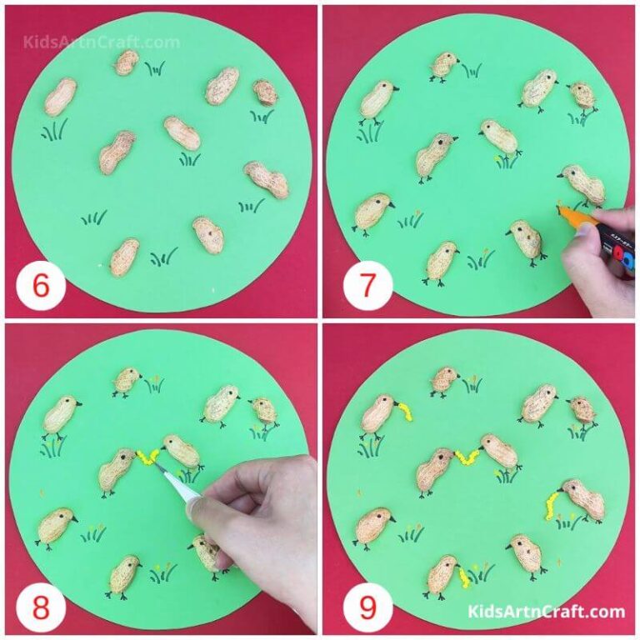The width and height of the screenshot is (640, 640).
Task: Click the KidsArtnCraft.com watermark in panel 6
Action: (x=102, y=42)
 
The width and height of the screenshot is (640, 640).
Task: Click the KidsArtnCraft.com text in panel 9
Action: (x=547, y=612)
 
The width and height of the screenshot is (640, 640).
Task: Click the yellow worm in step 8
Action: (x=148, y=456)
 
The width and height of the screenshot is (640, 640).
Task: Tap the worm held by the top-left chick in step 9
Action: (x=406, y=408)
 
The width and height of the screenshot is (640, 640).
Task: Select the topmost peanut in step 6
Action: (x=126, y=62)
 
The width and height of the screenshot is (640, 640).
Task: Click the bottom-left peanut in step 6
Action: (x=124, y=257)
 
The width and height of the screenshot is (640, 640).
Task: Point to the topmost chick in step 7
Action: (x=445, y=65)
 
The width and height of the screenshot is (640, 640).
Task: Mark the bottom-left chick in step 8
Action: (x=55, y=527)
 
